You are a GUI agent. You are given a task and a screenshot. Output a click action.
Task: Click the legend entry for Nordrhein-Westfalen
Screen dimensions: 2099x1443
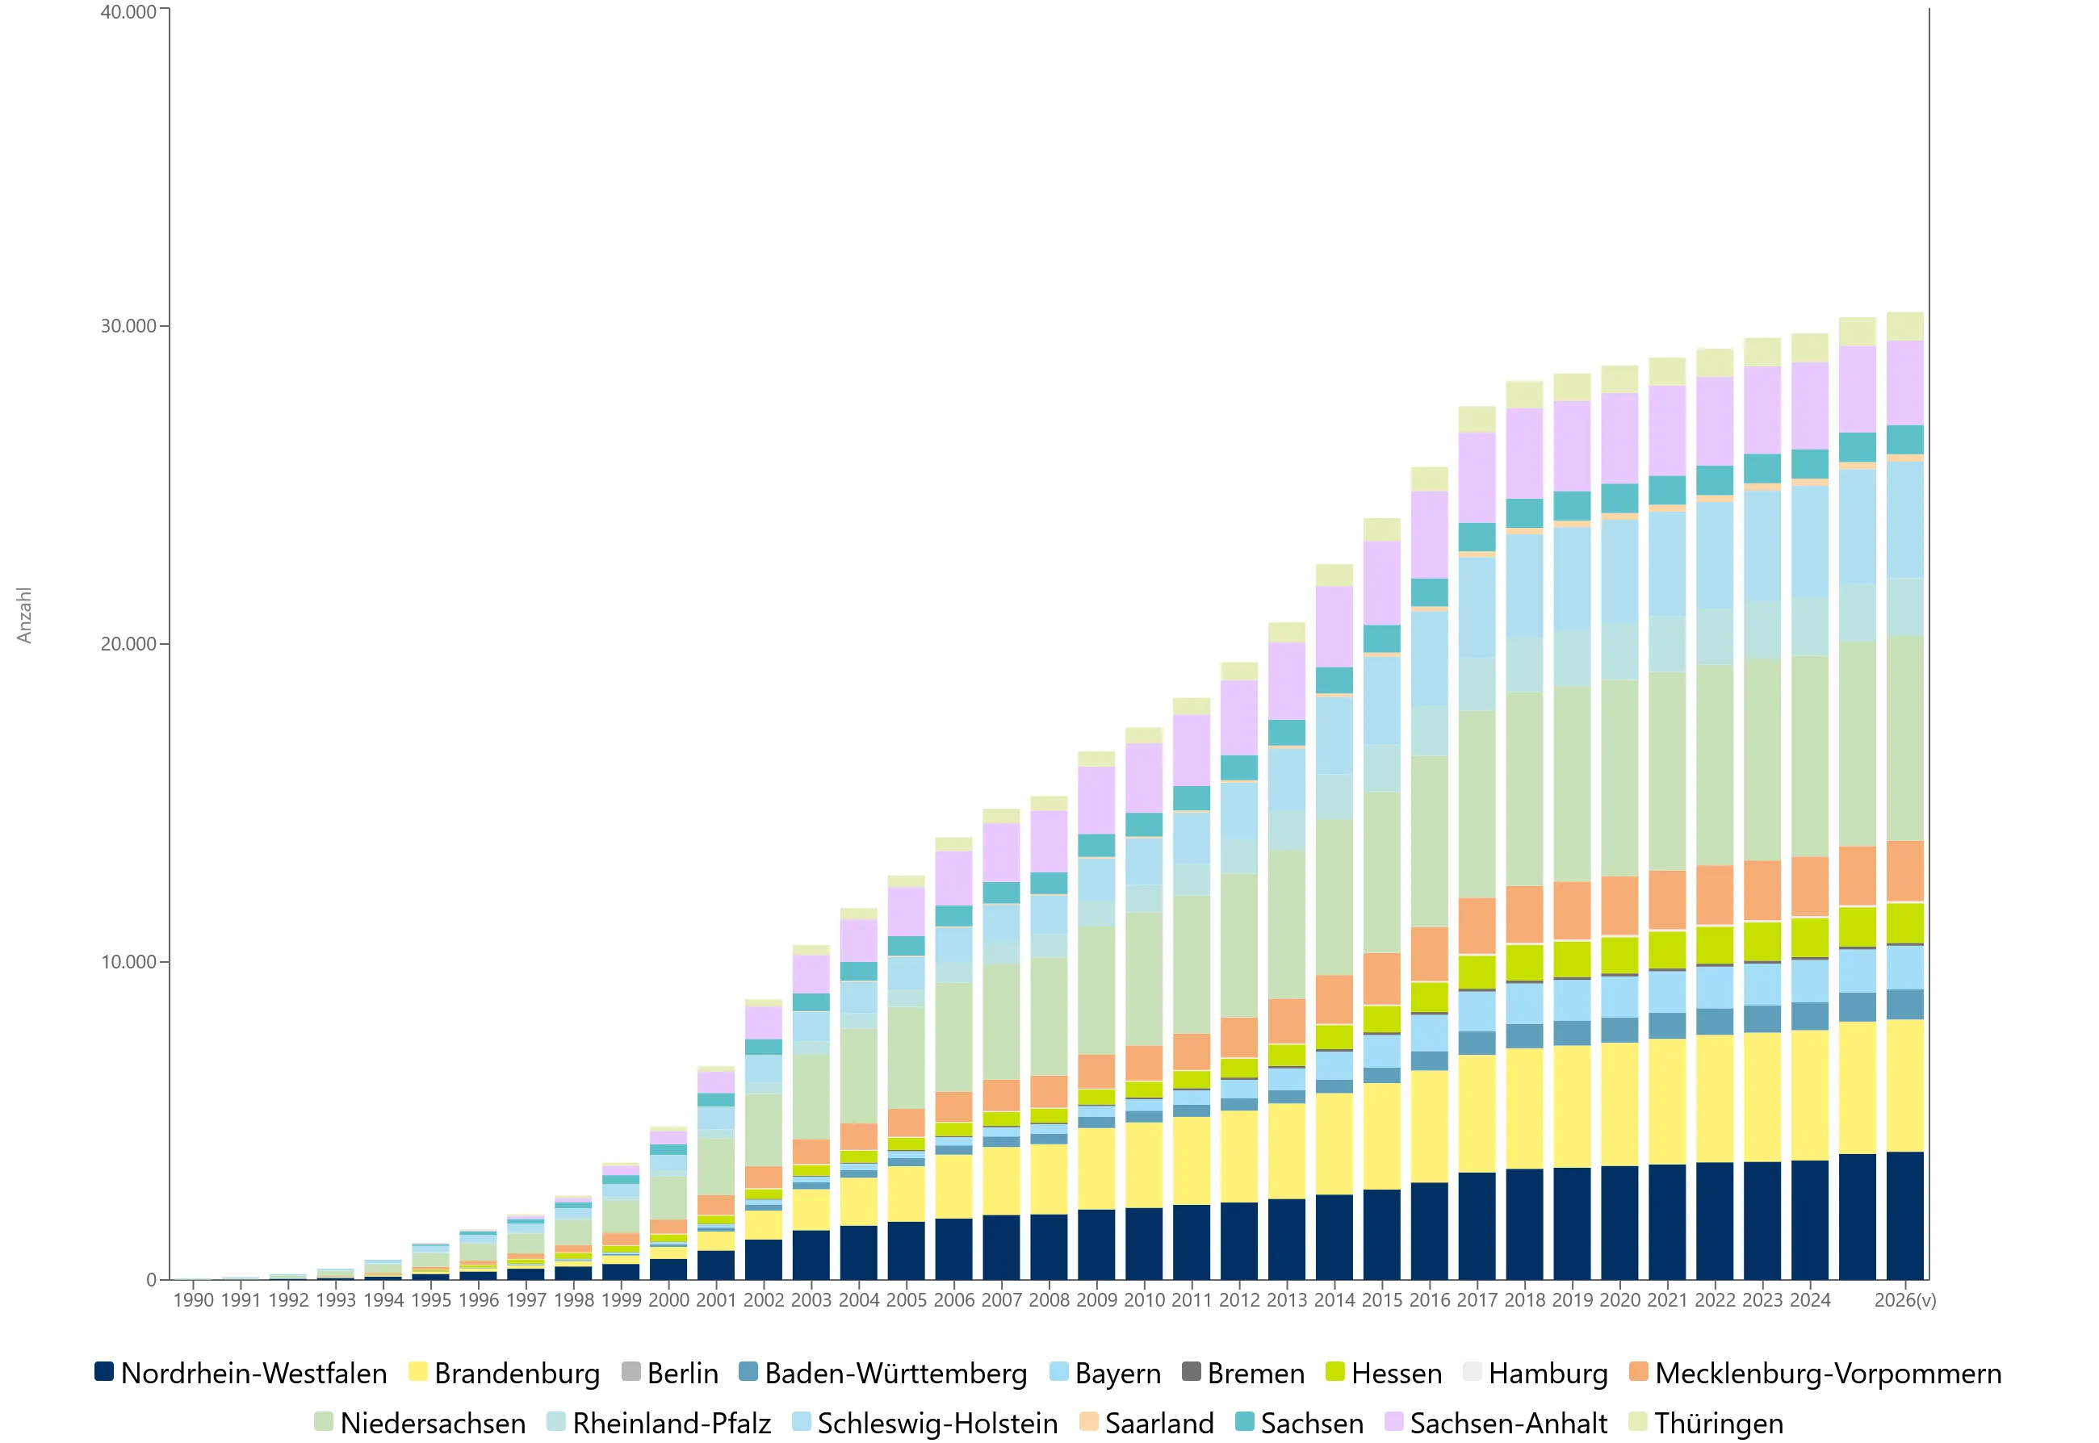241,1374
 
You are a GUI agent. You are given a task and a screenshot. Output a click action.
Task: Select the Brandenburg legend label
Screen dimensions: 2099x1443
504,1374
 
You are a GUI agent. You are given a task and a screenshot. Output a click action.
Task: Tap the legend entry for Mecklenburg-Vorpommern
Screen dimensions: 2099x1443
1815,1374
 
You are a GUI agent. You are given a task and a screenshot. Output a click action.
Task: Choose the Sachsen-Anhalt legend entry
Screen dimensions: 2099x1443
1496,1423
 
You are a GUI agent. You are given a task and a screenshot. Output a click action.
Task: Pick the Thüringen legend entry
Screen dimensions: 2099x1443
1706,1423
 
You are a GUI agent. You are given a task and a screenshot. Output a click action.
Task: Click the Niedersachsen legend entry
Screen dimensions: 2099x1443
420,1423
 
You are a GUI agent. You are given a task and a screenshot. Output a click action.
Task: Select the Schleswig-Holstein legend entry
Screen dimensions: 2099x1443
924,1423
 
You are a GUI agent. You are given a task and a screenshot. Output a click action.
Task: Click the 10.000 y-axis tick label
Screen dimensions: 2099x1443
128,962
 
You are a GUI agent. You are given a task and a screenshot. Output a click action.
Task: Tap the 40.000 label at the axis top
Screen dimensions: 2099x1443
128,12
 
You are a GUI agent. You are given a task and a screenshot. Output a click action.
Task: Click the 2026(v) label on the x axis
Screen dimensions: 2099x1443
1904,1300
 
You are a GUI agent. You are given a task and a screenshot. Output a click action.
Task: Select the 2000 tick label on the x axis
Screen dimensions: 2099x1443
668,1300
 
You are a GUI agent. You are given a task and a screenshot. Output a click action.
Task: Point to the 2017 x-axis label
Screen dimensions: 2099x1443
1477,1300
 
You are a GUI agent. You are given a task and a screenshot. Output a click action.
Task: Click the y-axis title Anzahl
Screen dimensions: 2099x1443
24,615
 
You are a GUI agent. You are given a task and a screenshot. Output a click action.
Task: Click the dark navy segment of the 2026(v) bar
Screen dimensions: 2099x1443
1904,1216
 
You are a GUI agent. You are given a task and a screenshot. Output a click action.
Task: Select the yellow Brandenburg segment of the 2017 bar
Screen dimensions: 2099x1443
1477,1114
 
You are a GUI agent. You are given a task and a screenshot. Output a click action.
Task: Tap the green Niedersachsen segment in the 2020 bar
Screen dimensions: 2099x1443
1619,779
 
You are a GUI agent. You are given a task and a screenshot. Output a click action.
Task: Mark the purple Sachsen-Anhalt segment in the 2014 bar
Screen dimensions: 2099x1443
1334,626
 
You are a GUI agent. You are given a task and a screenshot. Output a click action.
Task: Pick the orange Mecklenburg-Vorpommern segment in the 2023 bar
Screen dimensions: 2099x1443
1762,890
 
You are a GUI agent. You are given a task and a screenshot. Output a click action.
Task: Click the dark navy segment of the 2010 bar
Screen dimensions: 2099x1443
1144,1244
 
